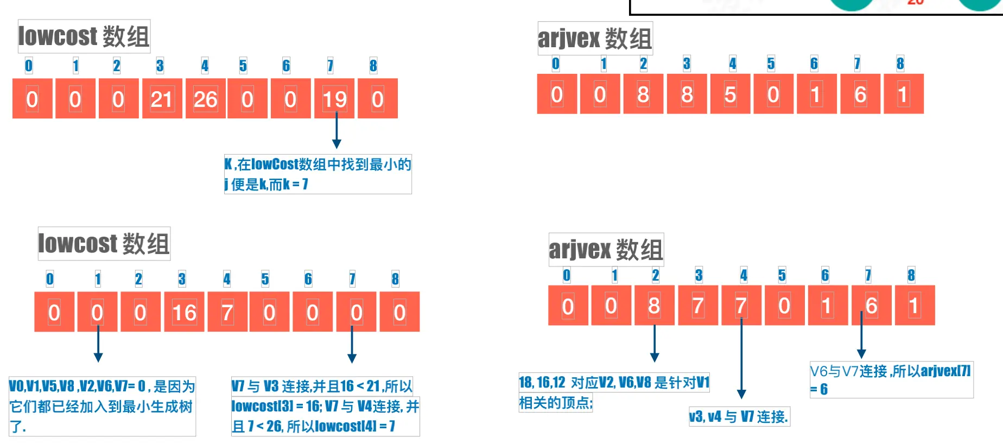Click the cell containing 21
pos(162,99)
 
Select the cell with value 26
pos(205,99)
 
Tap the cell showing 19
pos(334,99)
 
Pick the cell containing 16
pos(184,312)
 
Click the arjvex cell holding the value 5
pos(730,94)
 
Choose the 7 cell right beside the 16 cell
pos(227,312)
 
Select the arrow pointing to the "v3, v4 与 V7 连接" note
pos(741,358)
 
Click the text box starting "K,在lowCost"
pos(318,174)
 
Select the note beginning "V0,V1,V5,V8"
pos(102,406)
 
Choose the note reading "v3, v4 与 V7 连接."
pos(739,417)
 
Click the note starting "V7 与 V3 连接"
pos(325,406)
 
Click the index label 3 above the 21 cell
pos(160,66)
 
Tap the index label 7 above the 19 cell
pos(330,66)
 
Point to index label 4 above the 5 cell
pos(733,64)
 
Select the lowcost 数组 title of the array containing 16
pos(104,243)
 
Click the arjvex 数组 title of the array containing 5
pos(595,39)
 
